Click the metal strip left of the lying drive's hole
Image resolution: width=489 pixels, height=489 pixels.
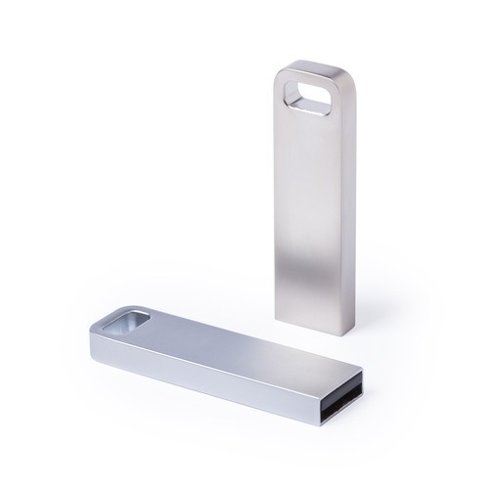105,329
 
